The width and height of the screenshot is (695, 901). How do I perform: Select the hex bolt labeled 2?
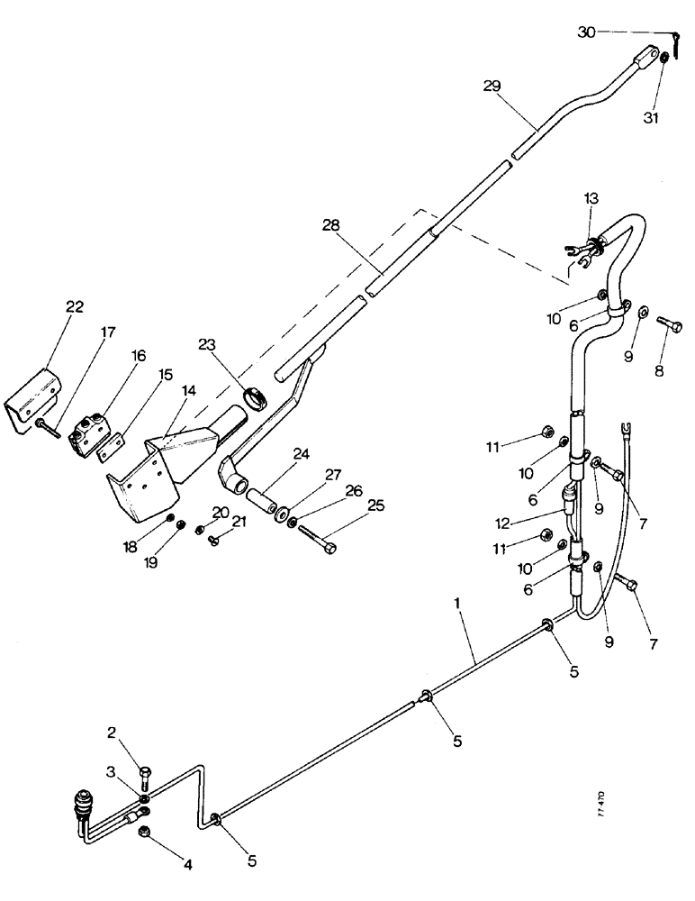tap(145, 772)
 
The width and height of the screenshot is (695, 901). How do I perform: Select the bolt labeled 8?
tap(671, 323)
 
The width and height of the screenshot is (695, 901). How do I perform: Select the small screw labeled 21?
tap(214, 540)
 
